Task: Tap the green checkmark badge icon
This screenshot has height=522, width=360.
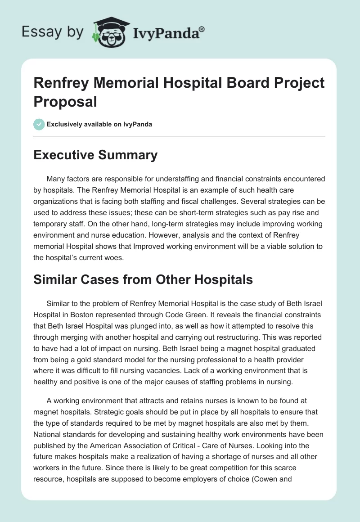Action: pos(39,124)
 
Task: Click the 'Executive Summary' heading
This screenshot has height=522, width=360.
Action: pos(96,155)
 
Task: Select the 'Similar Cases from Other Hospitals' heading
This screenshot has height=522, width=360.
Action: pos(143,279)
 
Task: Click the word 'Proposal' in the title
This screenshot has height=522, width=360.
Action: pos(65,101)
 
